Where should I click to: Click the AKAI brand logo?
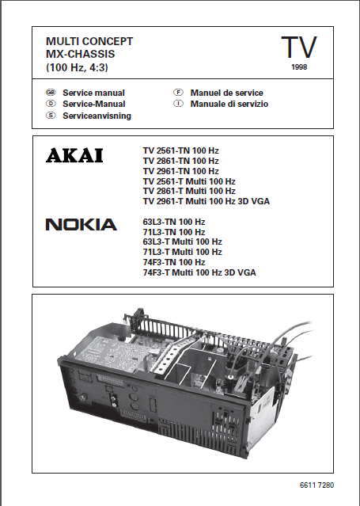point(74,156)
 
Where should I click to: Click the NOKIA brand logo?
point(81,225)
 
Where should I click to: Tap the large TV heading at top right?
point(298,48)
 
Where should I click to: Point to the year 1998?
point(299,68)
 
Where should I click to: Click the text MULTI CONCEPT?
point(89,40)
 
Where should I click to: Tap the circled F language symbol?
point(180,93)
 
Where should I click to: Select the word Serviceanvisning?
point(97,116)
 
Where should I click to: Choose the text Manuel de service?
point(226,93)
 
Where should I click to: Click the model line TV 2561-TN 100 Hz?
point(181,150)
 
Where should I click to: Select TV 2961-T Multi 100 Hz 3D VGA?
point(206,201)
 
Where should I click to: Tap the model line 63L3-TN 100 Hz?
point(173,222)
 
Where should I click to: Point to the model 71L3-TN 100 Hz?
point(173,232)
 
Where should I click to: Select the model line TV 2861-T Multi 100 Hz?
point(189,191)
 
